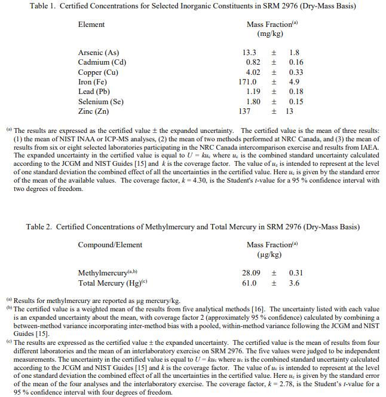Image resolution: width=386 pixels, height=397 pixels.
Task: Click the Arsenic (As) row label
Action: (99, 53)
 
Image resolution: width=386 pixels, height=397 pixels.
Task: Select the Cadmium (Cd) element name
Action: (102, 62)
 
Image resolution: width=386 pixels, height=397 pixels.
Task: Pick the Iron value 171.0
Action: (247, 81)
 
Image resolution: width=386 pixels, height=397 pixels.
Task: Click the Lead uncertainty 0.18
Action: (296, 92)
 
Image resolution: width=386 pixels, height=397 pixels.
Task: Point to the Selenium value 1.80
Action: (253, 101)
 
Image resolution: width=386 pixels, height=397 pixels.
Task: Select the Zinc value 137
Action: (244, 111)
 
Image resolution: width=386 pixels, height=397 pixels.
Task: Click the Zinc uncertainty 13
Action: (290, 111)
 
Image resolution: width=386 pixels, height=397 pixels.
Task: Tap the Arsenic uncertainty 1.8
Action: (294, 53)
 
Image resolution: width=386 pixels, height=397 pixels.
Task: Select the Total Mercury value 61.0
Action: (249, 283)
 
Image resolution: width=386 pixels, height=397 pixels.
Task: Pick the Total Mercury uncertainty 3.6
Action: (294, 283)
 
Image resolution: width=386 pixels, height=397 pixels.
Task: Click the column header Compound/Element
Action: (110, 244)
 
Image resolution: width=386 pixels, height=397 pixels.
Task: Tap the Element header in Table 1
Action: (91, 25)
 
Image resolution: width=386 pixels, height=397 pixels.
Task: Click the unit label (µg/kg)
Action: (269, 254)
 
